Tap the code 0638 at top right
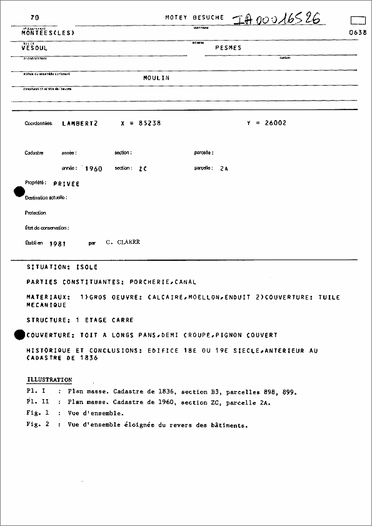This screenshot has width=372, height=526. point(358,33)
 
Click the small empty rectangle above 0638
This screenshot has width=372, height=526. point(358,20)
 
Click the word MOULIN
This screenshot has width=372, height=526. point(156,78)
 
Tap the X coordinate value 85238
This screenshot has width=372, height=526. point(149,123)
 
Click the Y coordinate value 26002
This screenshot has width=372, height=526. point(275,123)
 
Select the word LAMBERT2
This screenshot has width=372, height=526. point(79,123)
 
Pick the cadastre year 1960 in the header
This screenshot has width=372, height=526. point(93,169)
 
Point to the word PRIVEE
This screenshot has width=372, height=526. point(66,185)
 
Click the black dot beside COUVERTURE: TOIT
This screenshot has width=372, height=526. point(19,335)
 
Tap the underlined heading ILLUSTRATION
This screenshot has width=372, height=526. point(49,380)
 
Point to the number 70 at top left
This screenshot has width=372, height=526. point(34,18)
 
